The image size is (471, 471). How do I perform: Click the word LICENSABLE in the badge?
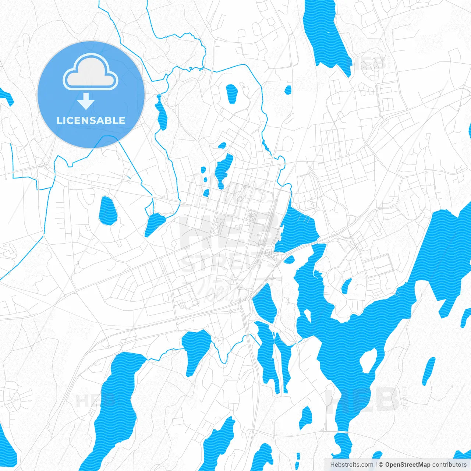pyautogui.click(x=91, y=120)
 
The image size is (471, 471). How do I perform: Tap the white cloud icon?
pyautogui.click(x=91, y=73)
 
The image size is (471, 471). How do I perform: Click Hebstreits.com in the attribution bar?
pyautogui.click(x=352, y=465)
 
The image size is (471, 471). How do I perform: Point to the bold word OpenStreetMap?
pyautogui.click(x=408, y=465)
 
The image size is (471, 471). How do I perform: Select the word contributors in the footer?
pyautogui.click(x=449, y=465)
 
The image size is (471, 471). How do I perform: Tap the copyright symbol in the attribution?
pyautogui.click(x=381, y=465)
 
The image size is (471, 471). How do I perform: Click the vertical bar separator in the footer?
pyautogui.click(x=376, y=465)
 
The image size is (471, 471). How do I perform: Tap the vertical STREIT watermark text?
pyautogui.click(x=405, y=397)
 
